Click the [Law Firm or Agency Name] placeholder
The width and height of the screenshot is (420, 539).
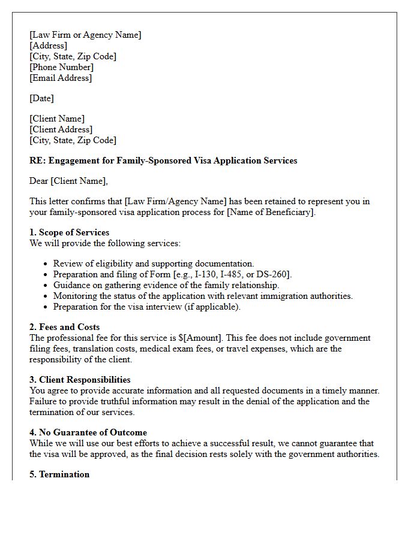(85, 35)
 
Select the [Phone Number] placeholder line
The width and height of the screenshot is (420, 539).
(61, 67)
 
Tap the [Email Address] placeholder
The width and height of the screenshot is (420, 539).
(61, 78)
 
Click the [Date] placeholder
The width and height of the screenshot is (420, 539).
(41, 98)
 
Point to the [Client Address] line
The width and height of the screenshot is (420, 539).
(61, 129)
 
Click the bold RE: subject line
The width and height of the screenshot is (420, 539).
(163, 161)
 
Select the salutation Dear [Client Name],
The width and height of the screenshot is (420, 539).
(68, 181)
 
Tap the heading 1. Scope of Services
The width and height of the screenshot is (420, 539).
(69, 232)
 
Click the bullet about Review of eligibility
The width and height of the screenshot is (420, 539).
(153, 264)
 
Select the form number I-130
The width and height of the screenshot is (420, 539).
(208, 274)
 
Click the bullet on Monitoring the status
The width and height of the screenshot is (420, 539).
(203, 296)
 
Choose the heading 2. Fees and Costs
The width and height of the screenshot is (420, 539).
(64, 327)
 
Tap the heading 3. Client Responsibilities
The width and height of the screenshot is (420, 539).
(80, 380)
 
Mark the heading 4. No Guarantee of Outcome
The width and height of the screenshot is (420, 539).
(88, 432)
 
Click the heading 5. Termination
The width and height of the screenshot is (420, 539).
(59, 474)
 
